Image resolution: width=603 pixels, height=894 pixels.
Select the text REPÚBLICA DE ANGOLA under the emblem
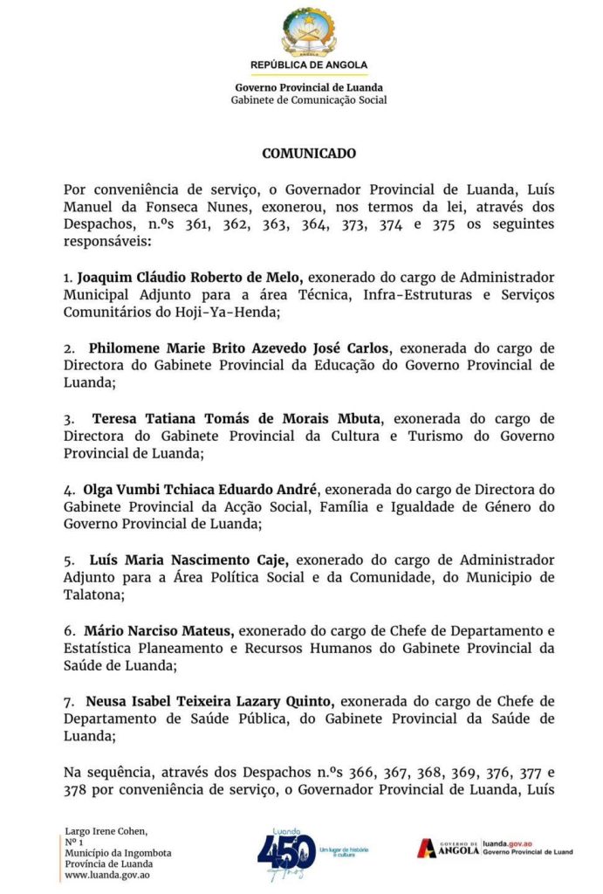point(309,65)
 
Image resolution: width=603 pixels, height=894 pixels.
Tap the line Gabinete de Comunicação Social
point(309,100)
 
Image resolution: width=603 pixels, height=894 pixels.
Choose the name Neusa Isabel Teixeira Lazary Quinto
point(209,701)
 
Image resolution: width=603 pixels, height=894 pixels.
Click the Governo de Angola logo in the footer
point(448,848)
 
